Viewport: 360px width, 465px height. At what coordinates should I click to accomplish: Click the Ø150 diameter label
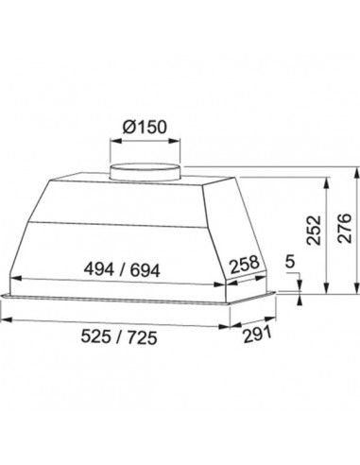tap(145, 128)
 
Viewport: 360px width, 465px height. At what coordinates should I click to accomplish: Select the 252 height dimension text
tap(315, 231)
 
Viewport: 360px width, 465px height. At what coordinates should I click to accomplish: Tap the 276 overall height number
tap(344, 228)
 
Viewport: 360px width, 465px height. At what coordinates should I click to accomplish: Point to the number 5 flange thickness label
tap(290, 262)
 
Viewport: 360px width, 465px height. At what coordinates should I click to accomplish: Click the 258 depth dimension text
tap(245, 265)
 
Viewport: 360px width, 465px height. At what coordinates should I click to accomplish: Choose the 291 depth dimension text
tap(257, 336)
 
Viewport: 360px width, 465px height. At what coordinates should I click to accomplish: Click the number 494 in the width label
tap(99, 269)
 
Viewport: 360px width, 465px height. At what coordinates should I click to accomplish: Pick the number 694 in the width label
tap(146, 271)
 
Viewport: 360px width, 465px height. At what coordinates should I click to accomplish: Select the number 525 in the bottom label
tap(95, 336)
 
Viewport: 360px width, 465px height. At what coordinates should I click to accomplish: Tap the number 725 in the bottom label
tap(142, 338)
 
